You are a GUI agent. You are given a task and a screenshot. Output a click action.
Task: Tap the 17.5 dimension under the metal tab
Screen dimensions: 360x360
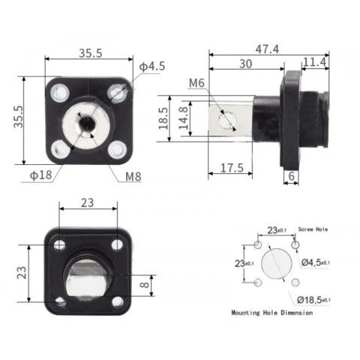pos(232,169)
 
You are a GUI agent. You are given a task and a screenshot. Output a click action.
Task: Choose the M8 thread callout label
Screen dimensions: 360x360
pos(133,177)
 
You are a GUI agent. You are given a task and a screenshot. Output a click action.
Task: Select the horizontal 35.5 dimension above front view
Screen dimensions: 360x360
pos(91,52)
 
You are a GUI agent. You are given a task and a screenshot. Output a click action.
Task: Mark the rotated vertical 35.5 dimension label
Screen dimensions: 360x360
pos(17,119)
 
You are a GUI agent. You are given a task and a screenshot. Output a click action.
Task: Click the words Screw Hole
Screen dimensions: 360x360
pos(314,229)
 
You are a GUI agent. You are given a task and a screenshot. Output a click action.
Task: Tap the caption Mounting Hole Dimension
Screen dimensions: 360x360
pos(271,313)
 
